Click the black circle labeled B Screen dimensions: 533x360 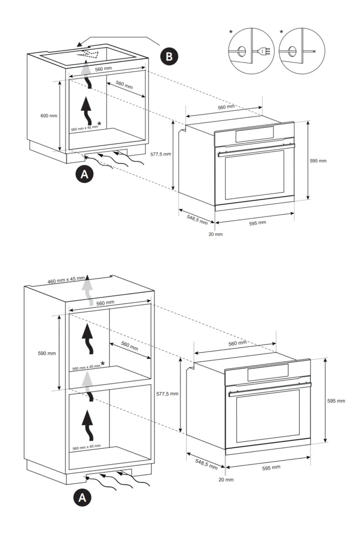click(169, 56)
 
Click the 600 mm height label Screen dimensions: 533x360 click(48, 116)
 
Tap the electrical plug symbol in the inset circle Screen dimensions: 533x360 click(261, 52)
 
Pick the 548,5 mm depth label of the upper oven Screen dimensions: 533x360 click(197, 218)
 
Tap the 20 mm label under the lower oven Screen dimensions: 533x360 click(226, 479)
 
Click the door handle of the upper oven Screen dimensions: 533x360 click(254, 149)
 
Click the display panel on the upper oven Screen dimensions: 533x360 click(255, 134)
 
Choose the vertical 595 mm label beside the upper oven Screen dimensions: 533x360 click(318, 160)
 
